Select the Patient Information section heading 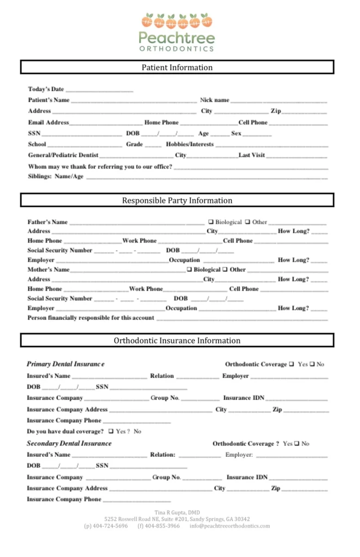point(177,67)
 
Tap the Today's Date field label point(46,89)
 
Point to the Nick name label point(214,100)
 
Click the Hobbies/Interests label point(190,144)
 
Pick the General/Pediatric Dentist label point(63,155)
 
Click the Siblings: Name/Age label point(56,176)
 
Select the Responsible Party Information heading point(177,200)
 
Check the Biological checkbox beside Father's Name point(211,222)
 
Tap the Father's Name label point(48,222)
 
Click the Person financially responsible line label point(91,318)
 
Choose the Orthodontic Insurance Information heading point(177,341)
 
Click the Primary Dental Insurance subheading point(65,364)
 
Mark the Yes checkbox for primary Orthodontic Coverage point(292,364)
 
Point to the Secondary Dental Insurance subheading point(69,443)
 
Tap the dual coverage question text point(65,431)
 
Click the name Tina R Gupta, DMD point(177,512)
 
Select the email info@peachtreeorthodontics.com point(229,526)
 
